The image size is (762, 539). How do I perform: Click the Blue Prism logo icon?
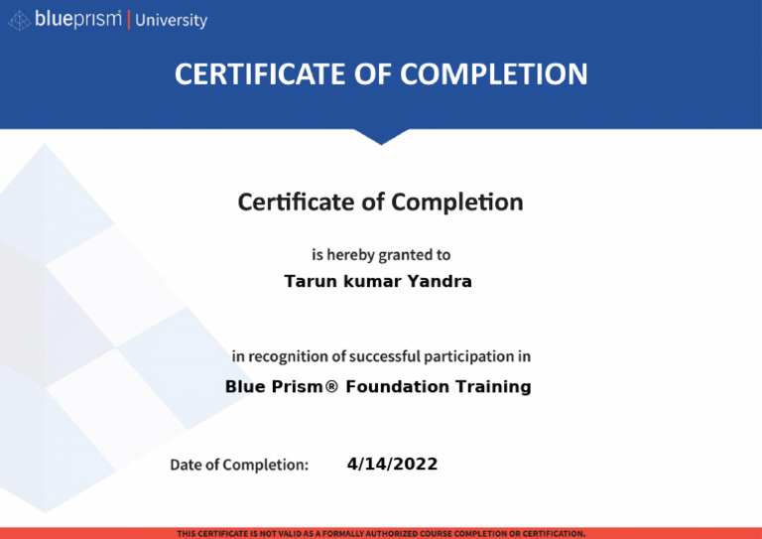(x=19, y=20)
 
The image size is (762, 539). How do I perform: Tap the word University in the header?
(x=171, y=20)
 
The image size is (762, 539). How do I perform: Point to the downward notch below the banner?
(x=381, y=136)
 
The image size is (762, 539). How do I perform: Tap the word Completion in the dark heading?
(x=456, y=202)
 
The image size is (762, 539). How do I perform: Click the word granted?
(x=404, y=255)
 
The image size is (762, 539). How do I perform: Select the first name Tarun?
(x=310, y=281)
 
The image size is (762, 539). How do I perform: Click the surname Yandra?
(x=440, y=281)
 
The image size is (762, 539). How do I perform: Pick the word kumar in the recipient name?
(x=372, y=281)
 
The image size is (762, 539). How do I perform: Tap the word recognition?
(x=289, y=355)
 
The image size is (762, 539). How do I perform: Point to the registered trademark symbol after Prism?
(x=331, y=386)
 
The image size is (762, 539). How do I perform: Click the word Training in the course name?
(x=493, y=386)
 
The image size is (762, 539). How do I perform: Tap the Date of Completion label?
(x=239, y=465)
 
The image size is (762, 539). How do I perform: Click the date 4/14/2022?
(x=392, y=464)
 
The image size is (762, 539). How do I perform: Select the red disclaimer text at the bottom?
(x=381, y=533)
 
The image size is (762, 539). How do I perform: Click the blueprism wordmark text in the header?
(x=77, y=19)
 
